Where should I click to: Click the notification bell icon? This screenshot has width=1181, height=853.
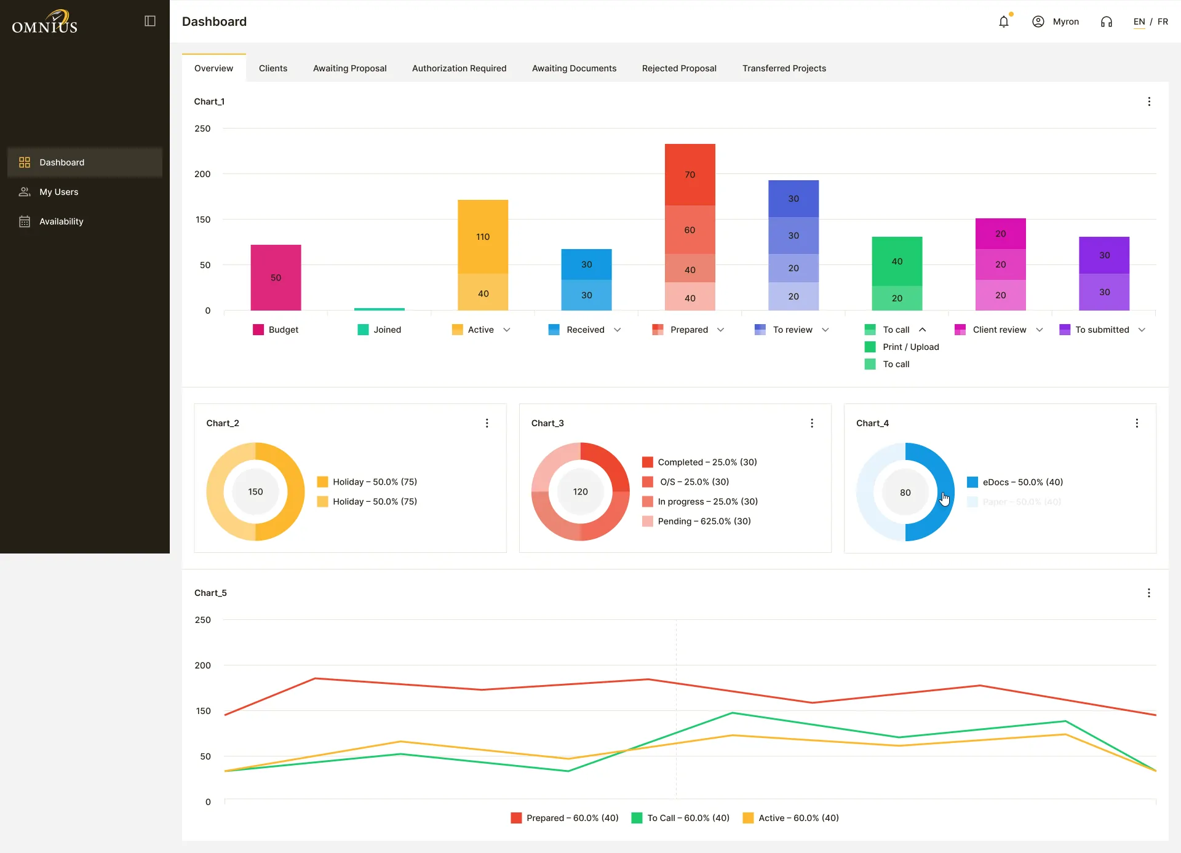1004,22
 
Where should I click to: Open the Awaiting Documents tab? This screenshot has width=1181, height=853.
574,68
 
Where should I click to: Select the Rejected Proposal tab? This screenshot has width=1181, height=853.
679,68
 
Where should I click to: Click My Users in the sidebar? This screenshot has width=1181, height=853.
59,192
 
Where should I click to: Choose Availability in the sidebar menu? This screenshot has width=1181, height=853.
62,221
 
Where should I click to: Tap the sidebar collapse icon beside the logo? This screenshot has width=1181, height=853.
150,21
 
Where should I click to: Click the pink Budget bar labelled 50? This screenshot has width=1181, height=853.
276,277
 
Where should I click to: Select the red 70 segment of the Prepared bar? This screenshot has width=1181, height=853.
690,175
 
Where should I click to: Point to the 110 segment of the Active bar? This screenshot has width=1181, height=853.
483,237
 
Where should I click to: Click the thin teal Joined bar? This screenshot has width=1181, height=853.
380,309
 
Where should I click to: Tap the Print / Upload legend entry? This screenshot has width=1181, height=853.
902,347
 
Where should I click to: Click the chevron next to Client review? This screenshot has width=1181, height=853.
1040,330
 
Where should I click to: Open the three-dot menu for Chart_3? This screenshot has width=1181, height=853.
812,423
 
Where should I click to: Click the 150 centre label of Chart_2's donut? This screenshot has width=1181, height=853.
255,492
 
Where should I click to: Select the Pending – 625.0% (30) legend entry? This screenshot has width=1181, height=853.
696,521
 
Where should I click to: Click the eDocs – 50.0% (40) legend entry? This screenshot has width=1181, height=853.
1015,482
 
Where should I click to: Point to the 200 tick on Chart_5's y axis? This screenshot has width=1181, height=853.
203,665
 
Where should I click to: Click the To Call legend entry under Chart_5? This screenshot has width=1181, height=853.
681,818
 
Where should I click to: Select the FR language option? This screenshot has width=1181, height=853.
1163,22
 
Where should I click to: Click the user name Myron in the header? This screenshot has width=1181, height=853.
1066,22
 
